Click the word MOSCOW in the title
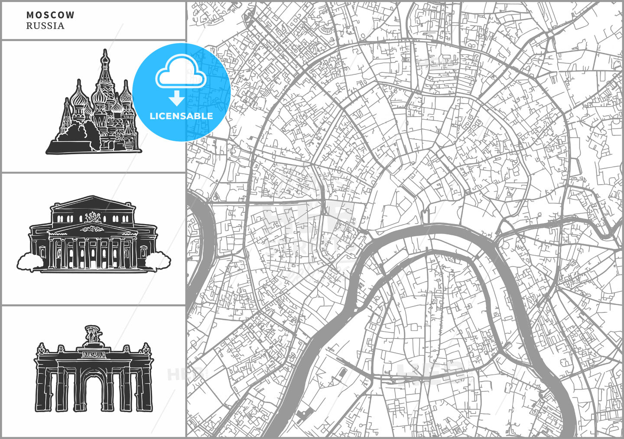50,15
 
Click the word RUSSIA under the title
45,26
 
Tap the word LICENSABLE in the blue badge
181,116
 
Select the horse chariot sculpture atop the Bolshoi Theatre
93,217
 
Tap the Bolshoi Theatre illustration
93,236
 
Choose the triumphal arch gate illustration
94,373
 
